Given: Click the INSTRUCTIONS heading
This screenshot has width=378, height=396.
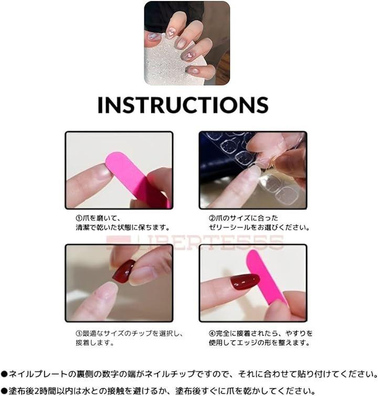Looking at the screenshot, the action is click(x=183, y=104).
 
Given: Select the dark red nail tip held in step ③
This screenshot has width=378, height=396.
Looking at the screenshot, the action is click(x=124, y=271).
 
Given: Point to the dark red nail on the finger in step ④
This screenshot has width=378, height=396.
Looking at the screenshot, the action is click(x=245, y=281).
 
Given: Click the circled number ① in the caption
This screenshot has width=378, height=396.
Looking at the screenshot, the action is click(x=79, y=218).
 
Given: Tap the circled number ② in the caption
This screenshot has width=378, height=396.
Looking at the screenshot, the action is click(x=212, y=218).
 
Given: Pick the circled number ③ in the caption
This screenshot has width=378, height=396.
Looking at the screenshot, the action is click(x=79, y=333).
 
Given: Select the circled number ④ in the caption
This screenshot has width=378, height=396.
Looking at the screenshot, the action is click(x=212, y=333).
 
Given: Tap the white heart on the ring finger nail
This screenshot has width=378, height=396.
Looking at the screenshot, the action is click(x=170, y=33).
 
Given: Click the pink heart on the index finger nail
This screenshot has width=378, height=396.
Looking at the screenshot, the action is click(x=189, y=55).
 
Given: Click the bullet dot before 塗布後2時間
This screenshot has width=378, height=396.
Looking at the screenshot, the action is click(x=4, y=391).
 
